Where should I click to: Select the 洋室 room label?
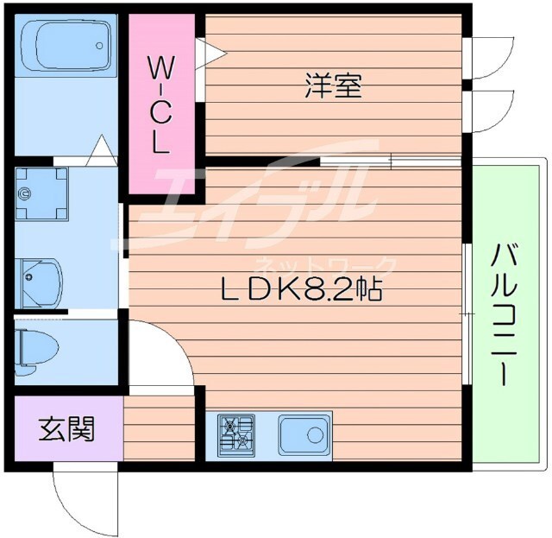point(332,85)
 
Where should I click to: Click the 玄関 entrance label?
point(66,428)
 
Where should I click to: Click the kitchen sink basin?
point(304,431)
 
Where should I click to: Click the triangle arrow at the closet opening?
point(212,54)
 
